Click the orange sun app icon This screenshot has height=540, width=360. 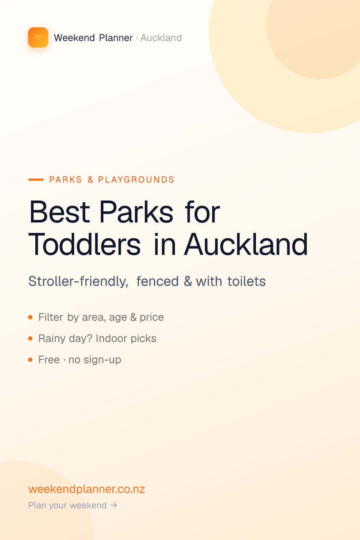(38, 37)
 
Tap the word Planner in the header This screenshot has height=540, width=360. (116, 38)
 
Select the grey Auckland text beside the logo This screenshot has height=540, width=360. (161, 38)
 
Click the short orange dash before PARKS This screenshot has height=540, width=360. (36, 180)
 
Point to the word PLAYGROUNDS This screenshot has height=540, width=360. (136, 180)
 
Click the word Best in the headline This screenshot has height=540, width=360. (59, 212)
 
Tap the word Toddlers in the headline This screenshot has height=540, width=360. (84, 244)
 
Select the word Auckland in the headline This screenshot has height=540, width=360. (246, 244)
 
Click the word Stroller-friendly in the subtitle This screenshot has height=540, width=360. (78, 281)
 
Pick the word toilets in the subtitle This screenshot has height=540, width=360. (247, 281)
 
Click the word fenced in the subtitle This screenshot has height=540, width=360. (157, 281)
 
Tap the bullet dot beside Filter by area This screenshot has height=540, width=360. (30, 317)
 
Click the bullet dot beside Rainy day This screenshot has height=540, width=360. (30, 338)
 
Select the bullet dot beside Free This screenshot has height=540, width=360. (30, 360)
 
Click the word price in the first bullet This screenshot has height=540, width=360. (152, 318)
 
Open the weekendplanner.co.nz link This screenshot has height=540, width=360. (86, 489)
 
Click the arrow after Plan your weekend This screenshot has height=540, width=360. (114, 505)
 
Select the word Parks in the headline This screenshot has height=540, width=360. (136, 212)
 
